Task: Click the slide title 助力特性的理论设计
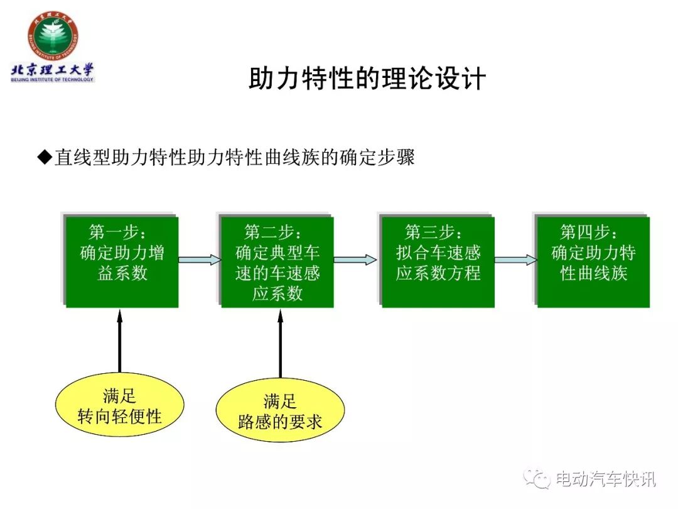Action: (x=367, y=79)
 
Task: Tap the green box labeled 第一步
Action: (x=122, y=262)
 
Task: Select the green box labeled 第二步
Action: (x=277, y=262)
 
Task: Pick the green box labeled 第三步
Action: (x=438, y=262)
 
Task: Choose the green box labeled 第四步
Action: (x=593, y=262)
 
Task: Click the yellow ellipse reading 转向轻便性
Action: (x=120, y=405)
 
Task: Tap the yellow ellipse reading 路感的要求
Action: (x=280, y=410)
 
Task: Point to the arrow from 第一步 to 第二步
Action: (x=200, y=260)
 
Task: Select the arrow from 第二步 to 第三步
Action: (x=355, y=260)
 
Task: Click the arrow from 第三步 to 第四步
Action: (x=516, y=260)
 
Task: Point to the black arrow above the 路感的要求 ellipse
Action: (x=280, y=344)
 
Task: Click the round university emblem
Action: (x=53, y=36)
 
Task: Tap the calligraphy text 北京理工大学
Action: (x=52, y=70)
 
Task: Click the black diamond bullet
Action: (x=45, y=157)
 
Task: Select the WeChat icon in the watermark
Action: (x=537, y=478)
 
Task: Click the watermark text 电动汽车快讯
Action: (x=605, y=479)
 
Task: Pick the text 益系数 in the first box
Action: (x=122, y=273)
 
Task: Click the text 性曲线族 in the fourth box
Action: (x=594, y=273)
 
